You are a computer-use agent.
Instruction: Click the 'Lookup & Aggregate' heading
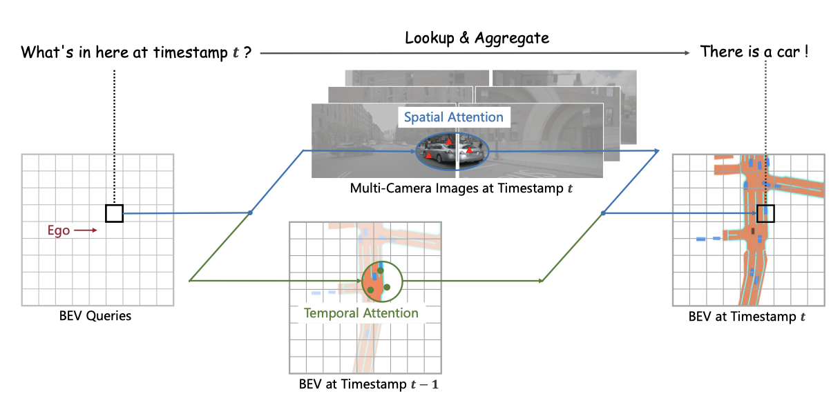click(x=477, y=38)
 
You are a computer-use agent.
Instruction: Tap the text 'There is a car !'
click(x=754, y=51)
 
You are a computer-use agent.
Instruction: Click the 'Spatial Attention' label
click(x=453, y=117)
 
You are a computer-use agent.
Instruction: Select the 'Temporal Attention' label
click(x=361, y=313)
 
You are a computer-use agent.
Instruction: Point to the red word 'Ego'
click(x=59, y=230)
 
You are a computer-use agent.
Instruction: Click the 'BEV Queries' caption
click(x=96, y=317)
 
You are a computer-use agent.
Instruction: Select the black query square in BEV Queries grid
click(x=114, y=213)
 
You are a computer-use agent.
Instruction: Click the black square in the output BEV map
click(x=765, y=213)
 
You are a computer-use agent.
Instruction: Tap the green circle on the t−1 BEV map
click(x=381, y=281)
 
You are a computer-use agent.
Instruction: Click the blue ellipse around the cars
click(x=452, y=151)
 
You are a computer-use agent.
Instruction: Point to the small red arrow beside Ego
click(x=86, y=230)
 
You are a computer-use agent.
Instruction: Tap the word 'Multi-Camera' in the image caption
click(x=388, y=188)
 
